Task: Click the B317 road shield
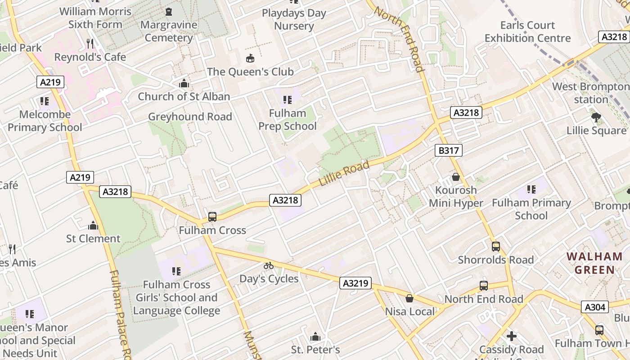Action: tap(449, 150)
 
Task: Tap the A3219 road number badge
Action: tap(355, 283)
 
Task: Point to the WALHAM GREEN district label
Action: tap(594, 263)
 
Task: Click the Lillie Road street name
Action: tap(344, 173)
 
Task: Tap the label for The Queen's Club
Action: tap(250, 72)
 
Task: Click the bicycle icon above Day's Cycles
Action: tap(269, 265)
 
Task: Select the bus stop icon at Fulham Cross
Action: tap(212, 217)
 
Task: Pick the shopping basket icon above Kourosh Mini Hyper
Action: tap(455, 177)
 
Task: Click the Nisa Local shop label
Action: tap(410, 311)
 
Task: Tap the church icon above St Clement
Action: tap(93, 225)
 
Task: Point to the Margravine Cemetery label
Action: tap(169, 31)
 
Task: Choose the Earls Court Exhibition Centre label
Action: tap(527, 31)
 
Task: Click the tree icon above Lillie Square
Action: tap(596, 117)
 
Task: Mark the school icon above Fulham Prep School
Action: tap(287, 100)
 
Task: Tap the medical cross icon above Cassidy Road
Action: tap(511, 336)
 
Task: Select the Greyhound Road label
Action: tap(190, 117)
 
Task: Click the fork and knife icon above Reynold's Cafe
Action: tap(90, 44)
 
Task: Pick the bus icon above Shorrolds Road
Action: tap(495, 247)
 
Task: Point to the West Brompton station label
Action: tap(591, 93)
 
